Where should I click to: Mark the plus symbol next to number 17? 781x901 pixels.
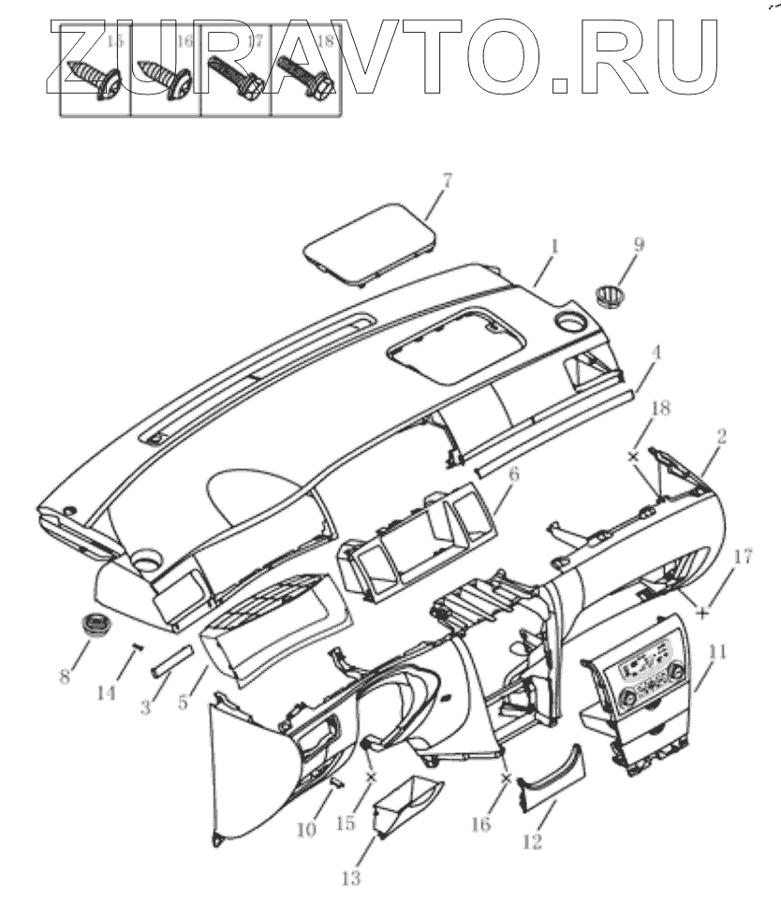[702, 615]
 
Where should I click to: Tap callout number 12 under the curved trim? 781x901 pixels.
[532, 842]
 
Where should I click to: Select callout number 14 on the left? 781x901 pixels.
[107, 693]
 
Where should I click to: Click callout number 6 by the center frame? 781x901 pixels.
[512, 475]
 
